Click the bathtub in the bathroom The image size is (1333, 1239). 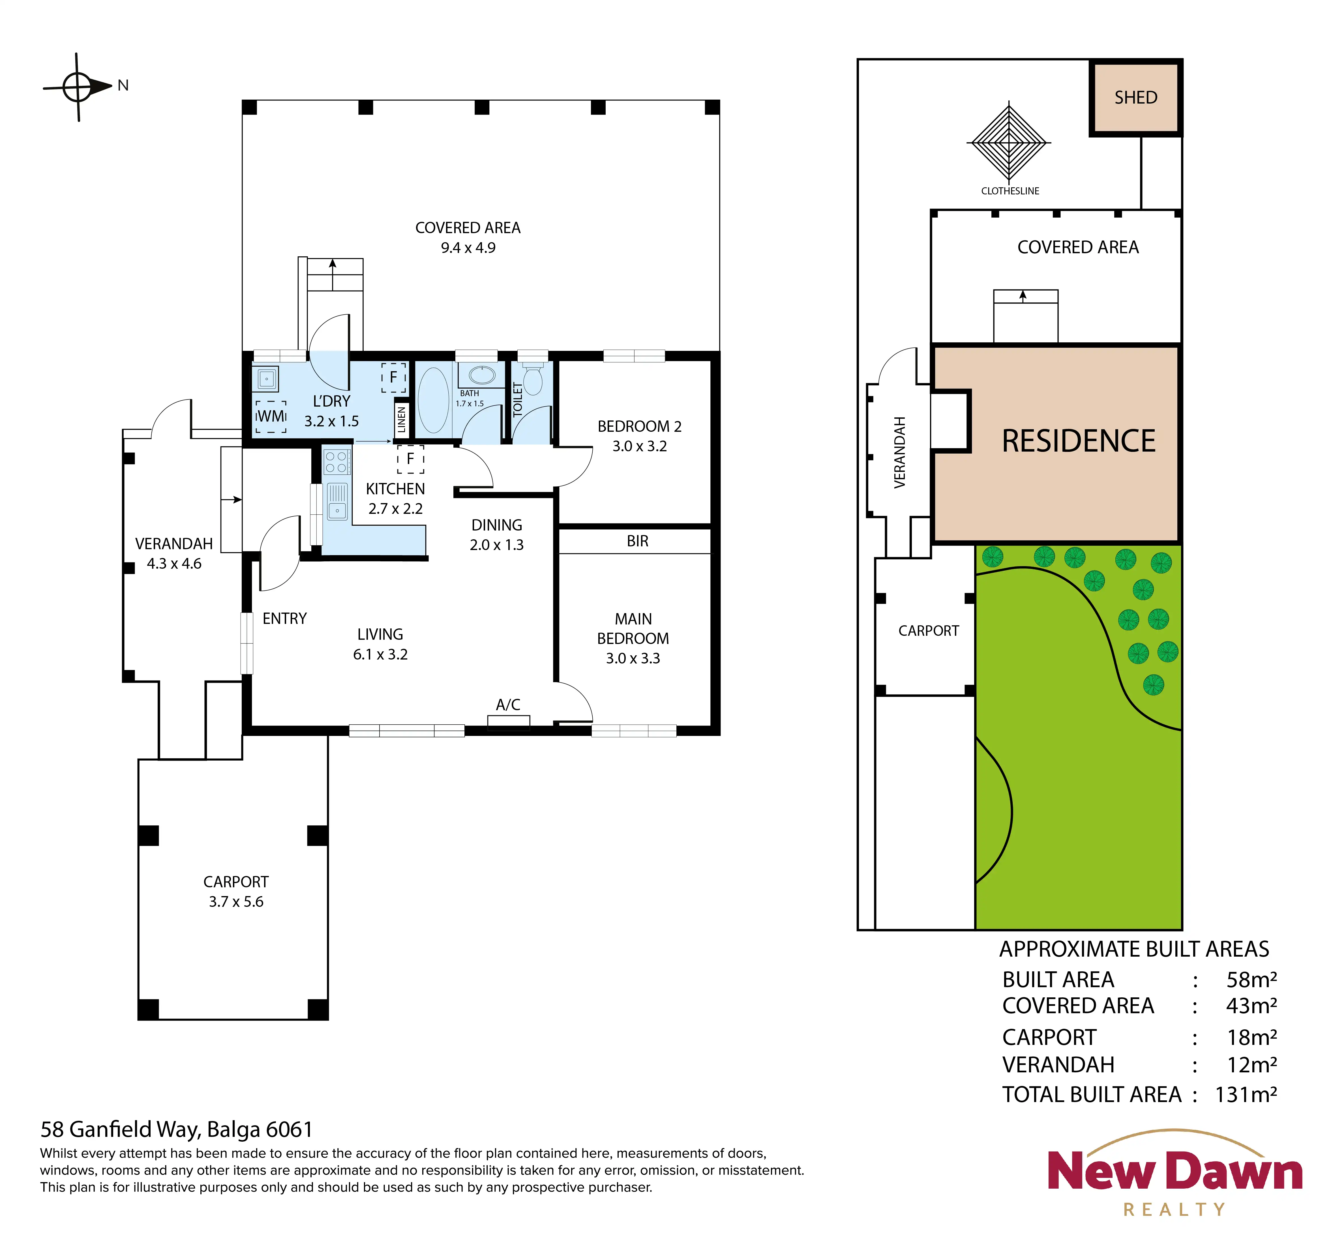click(x=433, y=400)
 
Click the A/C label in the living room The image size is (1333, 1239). click(x=508, y=705)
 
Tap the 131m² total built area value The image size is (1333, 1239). click(x=1246, y=1095)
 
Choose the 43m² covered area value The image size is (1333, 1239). click(x=1251, y=1006)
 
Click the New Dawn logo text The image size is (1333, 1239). click(x=1175, y=1171)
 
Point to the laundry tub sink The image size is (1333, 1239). click(x=266, y=379)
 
